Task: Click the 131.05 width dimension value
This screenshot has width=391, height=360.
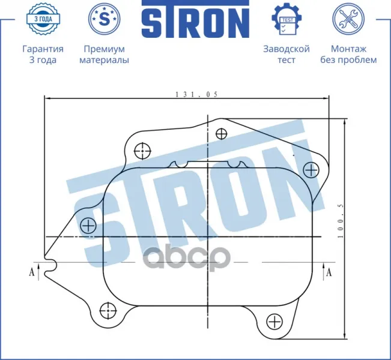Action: (x=196, y=94)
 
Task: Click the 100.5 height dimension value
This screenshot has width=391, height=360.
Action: (x=341, y=221)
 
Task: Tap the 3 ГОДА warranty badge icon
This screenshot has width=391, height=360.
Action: (x=43, y=19)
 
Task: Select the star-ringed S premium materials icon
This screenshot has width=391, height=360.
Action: (x=105, y=19)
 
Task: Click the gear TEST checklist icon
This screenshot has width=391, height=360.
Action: (x=286, y=19)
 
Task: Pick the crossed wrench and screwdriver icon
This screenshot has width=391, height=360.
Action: (x=348, y=19)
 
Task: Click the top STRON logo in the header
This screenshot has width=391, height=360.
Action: (x=196, y=19)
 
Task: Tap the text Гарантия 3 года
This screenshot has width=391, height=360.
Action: (x=43, y=55)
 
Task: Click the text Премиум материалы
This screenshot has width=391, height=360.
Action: (x=105, y=55)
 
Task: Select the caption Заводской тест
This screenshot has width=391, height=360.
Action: (x=286, y=55)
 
